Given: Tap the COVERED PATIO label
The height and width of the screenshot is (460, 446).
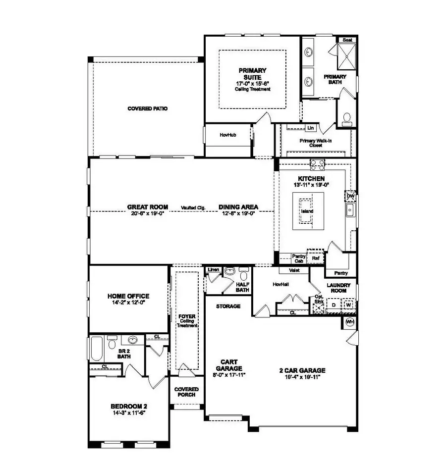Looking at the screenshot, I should tap(147, 108).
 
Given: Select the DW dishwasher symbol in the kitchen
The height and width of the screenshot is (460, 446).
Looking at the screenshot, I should tap(350, 196).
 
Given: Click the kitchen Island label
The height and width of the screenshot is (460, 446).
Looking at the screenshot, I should tap(307, 211).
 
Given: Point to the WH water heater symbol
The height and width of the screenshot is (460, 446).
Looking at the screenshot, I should tap(350, 322).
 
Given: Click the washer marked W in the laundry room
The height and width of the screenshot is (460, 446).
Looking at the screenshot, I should tap(349, 306).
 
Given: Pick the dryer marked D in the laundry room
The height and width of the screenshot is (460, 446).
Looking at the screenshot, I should tap(334, 306).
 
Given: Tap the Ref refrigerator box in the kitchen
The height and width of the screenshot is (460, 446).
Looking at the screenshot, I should tap(315, 258).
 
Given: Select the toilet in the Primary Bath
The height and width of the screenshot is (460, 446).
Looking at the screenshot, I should tap(347, 118).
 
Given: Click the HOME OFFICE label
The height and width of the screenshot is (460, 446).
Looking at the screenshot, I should tap(128, 296).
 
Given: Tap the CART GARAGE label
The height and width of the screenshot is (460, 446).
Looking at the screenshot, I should tap(229, 365).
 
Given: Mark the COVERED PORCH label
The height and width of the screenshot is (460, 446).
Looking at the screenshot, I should tap(186, 392).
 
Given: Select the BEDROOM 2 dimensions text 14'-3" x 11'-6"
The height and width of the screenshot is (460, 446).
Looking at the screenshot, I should tap(128, 412).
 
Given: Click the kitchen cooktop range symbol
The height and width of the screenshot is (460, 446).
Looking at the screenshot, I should tap(317, 164).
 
